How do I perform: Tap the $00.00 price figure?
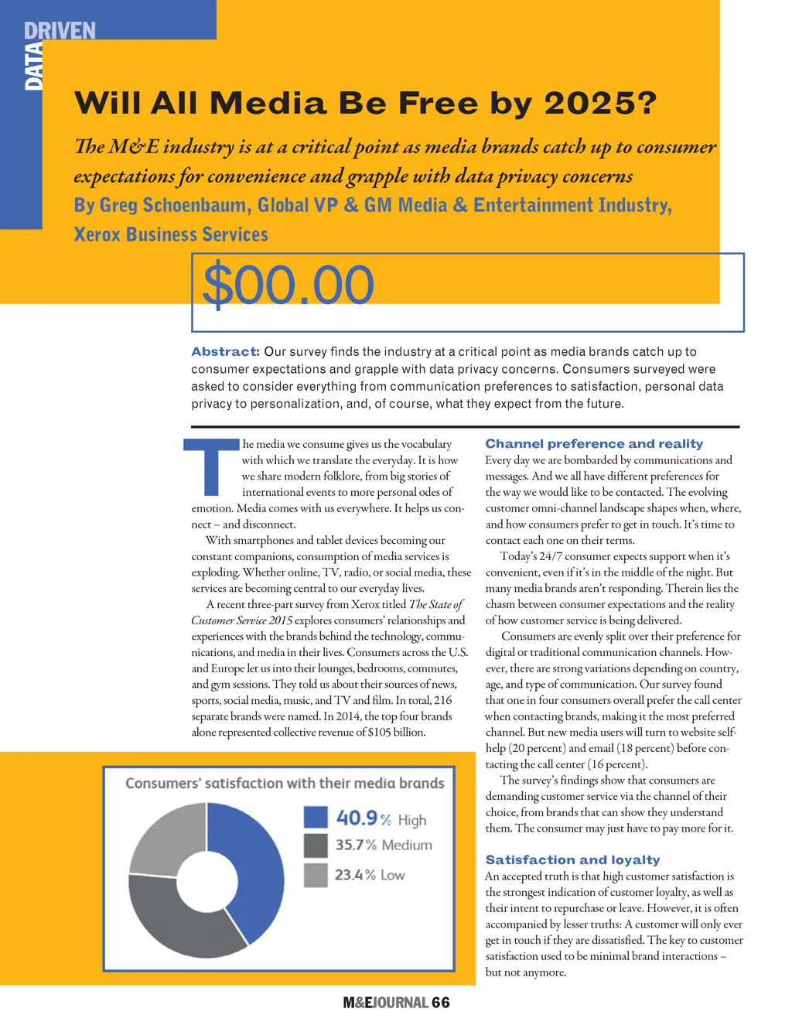click(288, 285)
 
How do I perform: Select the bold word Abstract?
click(225, 351)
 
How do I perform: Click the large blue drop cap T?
click(211, 466)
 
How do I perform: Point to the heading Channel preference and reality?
click(594, 443)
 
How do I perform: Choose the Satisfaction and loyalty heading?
click(572, 859)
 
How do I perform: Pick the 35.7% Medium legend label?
click(383, 845)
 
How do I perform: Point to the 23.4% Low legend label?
click(370, 875)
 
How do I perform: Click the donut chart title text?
click(285, 783)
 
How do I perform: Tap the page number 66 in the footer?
click(441, 1003)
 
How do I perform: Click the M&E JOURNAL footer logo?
click(385, 1003)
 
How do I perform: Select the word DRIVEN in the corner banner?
click(60, 31)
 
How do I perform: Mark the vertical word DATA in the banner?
click(33, 67)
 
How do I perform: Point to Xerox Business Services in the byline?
click(171, 234)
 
